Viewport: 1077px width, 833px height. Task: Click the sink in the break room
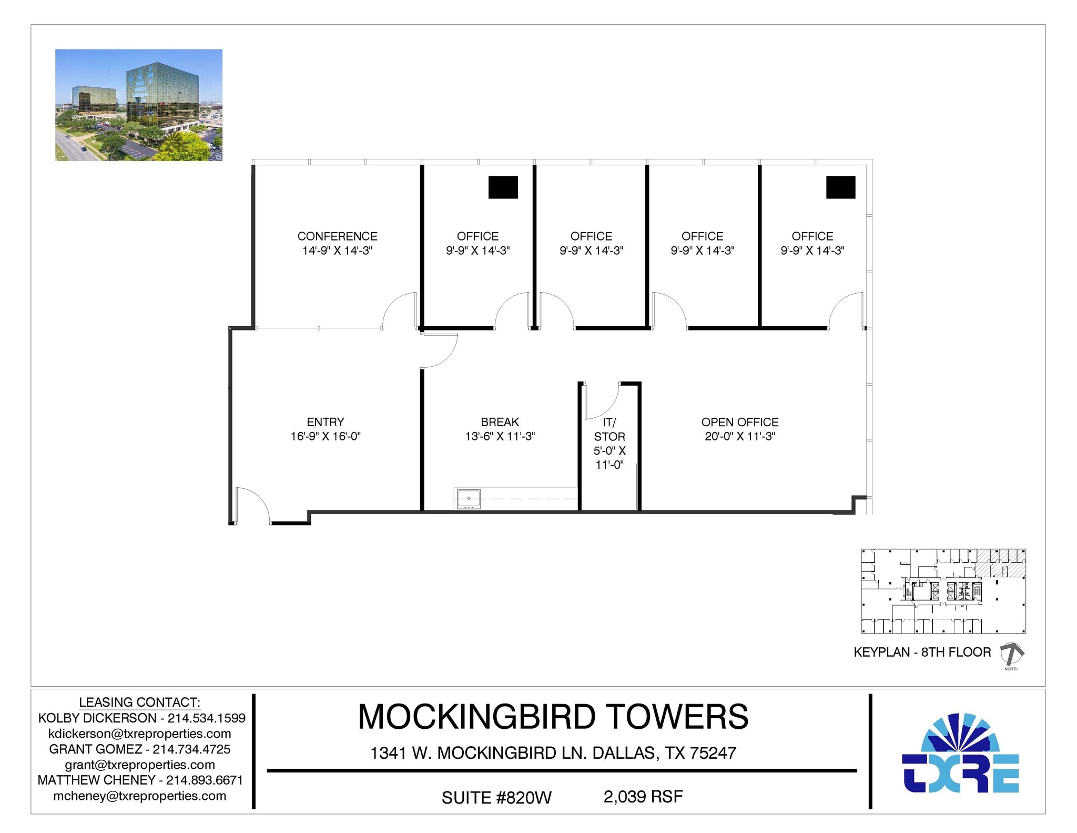tap(468, 498)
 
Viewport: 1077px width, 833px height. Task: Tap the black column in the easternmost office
tap(840, 187)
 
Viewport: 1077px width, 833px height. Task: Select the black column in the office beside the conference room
tap(503, 187)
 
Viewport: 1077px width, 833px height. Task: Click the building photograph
tap(139, 105)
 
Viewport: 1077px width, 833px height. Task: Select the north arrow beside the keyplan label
tap(1011, 654)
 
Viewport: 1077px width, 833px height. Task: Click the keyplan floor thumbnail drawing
tap(943, 591)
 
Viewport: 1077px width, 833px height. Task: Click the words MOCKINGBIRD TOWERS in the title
tap(553, 717)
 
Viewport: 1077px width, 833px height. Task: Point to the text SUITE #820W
tap(496, 798)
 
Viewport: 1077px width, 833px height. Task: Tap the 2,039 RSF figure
tap(643, 797)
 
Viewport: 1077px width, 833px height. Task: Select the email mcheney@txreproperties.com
tap(140, 796)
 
